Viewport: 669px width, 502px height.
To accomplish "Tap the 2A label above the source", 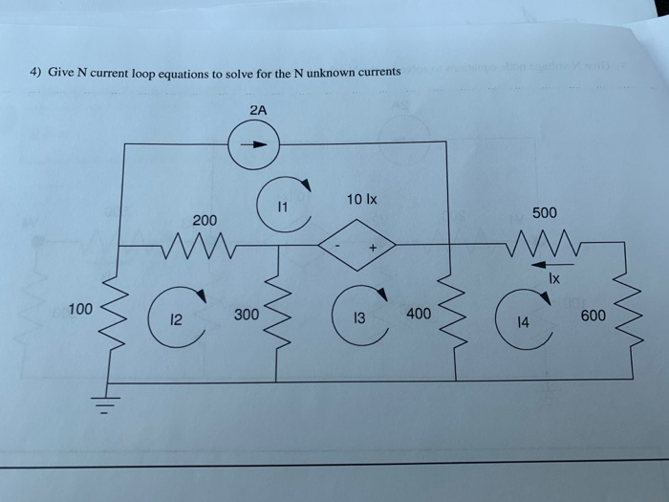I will tap(258, 111).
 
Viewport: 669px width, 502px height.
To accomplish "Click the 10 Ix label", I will tap(362, 200).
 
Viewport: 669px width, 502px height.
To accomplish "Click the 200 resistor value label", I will tap(205, 221).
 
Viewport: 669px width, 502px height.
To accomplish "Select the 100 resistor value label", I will tap(80, 309).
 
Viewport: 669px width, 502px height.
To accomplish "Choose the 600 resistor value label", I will tap(593, 315).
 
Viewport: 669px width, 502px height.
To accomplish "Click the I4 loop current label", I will tap(521, 324).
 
